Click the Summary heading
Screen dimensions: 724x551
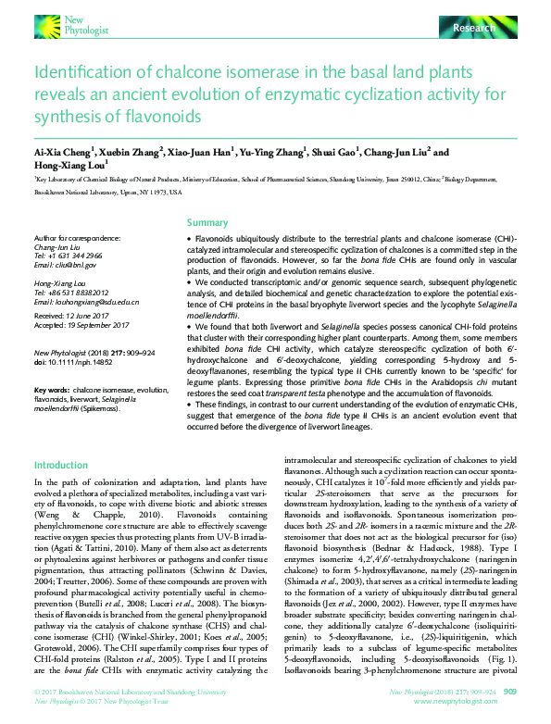point(207,222)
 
